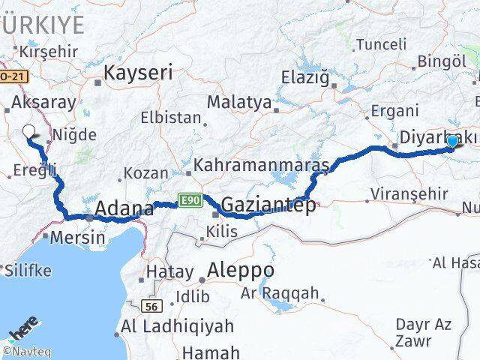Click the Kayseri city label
[138, 73]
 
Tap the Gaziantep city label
[268, 204]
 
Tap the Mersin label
[78, 237]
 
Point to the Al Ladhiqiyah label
[177, 327]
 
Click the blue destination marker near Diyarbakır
[452, 142]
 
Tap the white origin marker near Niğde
[29, 133]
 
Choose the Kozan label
[145, 173]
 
